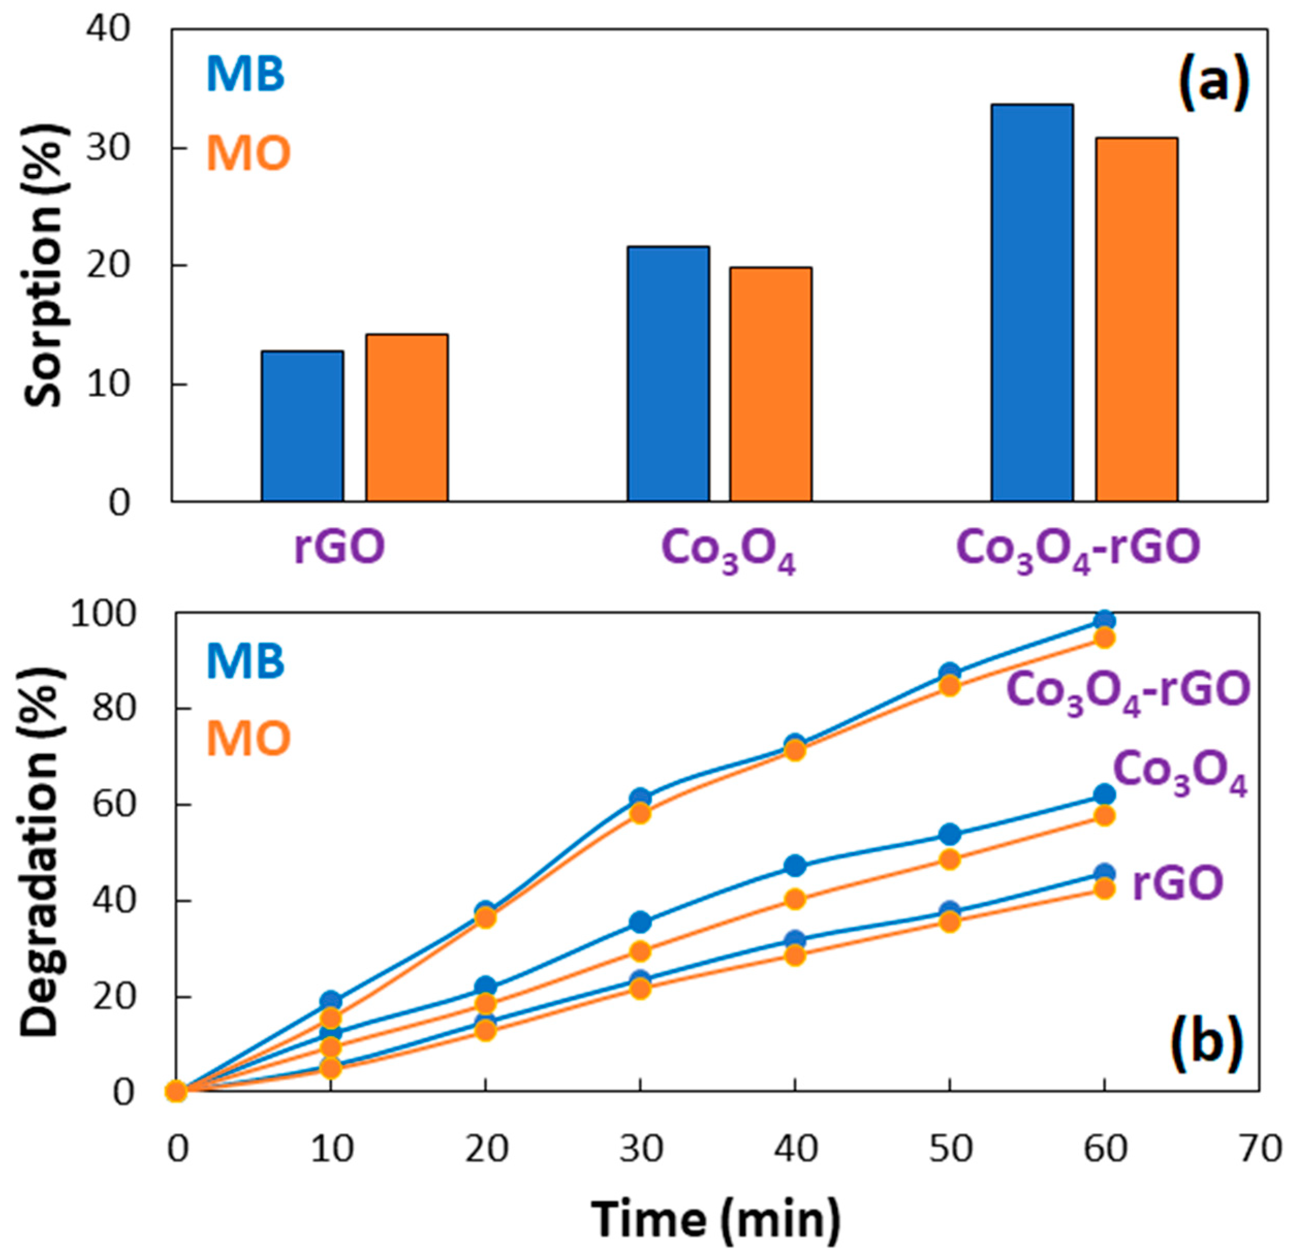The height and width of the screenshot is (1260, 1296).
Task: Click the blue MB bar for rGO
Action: [303, 426]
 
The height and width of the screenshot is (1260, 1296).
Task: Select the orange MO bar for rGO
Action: [406, 418]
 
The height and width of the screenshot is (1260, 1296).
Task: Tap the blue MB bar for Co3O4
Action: [669, 374]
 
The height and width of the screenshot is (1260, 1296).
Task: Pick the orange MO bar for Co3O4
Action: [770, 385]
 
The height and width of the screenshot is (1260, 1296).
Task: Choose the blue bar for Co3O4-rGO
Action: [1032, 302]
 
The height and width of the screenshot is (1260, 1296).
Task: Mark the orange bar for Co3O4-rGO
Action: [1136, 320]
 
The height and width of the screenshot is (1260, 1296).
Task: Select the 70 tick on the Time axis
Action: [1259, 1150]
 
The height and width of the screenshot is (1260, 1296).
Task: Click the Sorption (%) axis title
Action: [45, 265]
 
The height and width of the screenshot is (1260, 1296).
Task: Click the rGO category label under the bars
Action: [339, 547]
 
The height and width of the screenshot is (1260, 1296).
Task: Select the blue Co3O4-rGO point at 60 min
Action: [1104, 620]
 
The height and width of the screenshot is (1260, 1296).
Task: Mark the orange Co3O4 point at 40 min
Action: [794, 899]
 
